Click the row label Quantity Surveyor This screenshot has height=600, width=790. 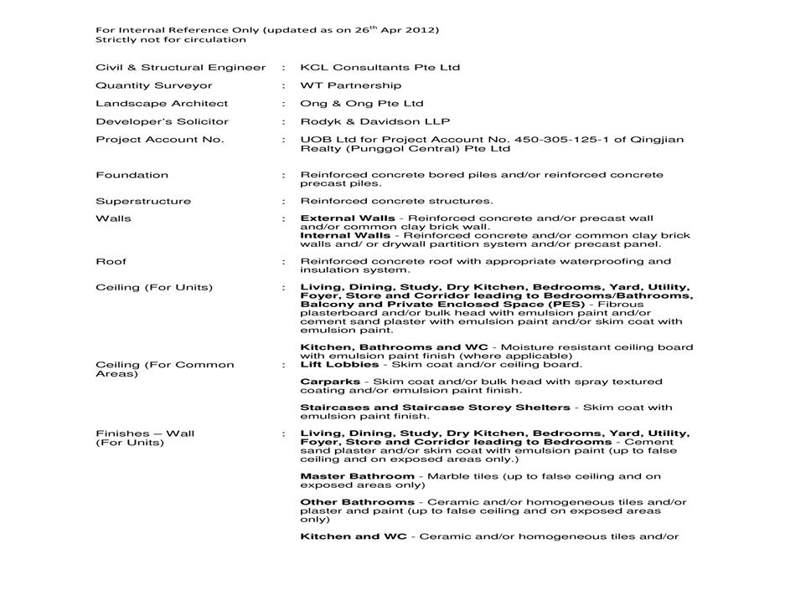tap(154, 85)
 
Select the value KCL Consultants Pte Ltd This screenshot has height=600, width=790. tap(380, 68)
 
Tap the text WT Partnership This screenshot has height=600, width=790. tap(350, 85)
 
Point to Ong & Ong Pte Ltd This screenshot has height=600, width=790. tap(362, 104)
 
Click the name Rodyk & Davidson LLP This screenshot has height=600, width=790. tap(375, 121)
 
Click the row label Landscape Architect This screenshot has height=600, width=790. tap(162, 104)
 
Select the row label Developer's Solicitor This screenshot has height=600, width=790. tap(162, 121)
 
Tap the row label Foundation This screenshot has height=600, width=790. tap(132, 175)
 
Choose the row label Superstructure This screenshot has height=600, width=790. tap(143, 201)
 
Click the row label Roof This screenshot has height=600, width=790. tap(111, 261)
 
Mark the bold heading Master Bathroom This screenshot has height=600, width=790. tap(357, 476)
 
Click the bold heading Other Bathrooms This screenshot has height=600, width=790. tap(357, 502)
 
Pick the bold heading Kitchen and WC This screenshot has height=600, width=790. tap(354, 536)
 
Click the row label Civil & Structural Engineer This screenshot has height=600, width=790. tap(180, 68)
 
